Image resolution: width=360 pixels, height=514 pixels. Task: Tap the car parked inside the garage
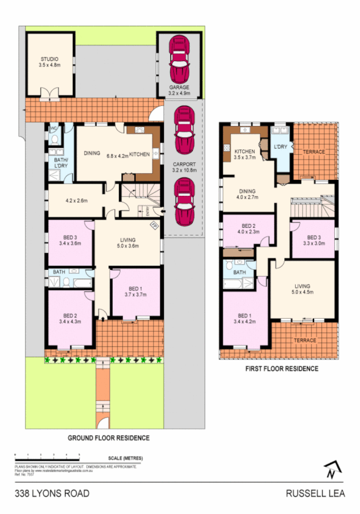(x=179, y=59)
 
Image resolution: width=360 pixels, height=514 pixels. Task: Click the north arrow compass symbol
(x=332, y=469)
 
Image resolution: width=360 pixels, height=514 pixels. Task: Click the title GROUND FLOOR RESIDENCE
(x=108, y=438)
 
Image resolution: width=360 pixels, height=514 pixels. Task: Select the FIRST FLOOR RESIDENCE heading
(x=282, y=368)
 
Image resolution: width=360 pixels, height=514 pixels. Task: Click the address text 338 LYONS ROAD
(x=52, y=493)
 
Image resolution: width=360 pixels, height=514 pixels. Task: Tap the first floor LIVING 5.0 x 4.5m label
(x=302, y=288)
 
